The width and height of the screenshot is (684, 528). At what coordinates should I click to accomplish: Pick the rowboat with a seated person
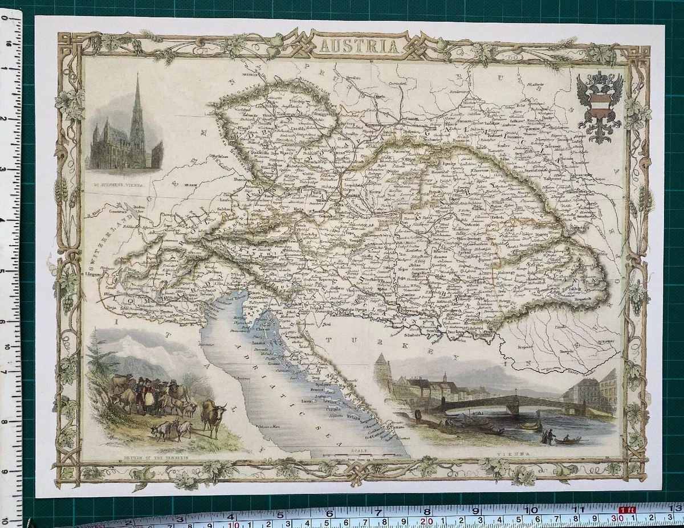click(x=567, y=439)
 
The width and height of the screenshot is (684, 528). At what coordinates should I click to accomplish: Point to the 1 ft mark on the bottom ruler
click(x=627, y=510)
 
